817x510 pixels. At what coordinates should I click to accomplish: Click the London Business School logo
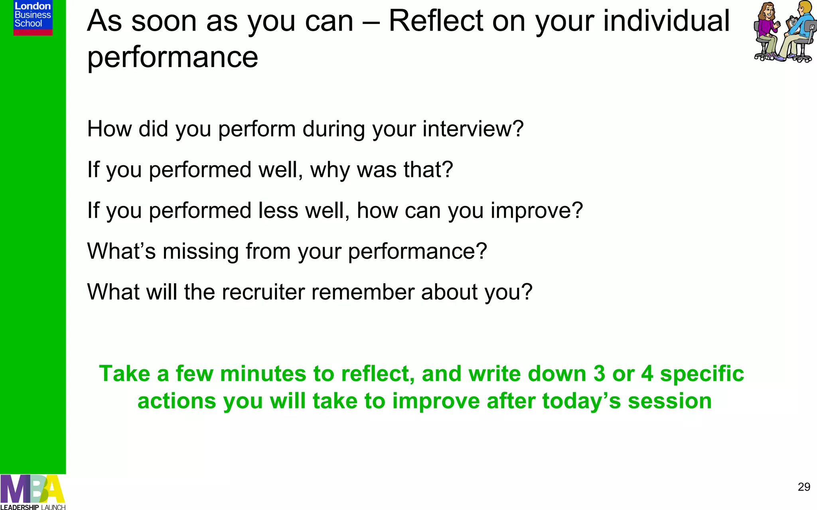33,18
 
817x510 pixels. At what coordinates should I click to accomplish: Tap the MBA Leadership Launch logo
33,492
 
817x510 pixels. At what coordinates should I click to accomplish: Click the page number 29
804,487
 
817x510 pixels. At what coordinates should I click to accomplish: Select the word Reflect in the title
436,21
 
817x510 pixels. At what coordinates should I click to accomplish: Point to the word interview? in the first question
473,129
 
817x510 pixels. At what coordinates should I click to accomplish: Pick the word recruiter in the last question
263,292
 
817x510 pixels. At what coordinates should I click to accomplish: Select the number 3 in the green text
599,374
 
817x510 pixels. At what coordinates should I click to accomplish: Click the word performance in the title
172,57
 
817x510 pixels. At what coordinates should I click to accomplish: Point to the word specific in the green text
702,374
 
